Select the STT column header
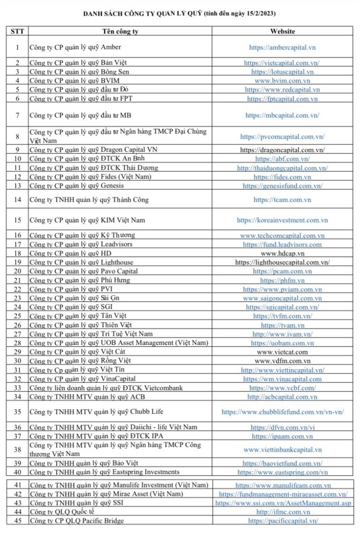tap(17, 32)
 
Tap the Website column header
tap(282, 32)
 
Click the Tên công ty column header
tap(120, 32)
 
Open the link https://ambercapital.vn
tap(282, 47)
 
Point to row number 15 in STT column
tap(17, 220)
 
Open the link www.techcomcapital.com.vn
tap(282, 236)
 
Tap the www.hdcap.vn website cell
tap(282, 253)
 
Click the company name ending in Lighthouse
tap(81, 262)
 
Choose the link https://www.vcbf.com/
tap(282, 388)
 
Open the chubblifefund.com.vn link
tap(282, 412)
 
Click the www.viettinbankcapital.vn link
tap(282, 450)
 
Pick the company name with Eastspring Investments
tap(104, 472)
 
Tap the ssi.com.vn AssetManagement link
tap(282, 503)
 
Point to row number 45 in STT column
tap(17, 521)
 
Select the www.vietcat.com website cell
tap(282, 352)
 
